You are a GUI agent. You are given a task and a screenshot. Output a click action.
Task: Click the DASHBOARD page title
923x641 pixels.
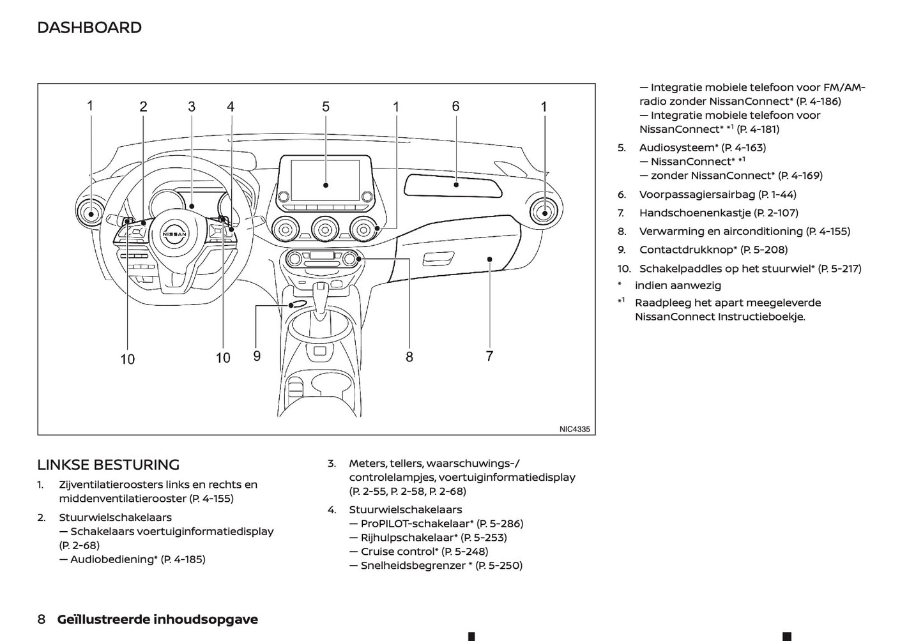coord(89,27)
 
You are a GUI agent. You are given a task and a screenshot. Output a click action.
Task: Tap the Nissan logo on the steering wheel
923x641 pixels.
coord(174,234)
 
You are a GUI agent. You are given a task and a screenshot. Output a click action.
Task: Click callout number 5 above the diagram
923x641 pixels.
coord(326,107)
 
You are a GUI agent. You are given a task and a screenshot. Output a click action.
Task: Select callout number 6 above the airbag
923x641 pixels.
coord(455,106)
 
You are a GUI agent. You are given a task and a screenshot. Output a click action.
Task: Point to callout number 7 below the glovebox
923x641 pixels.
coord(489,356)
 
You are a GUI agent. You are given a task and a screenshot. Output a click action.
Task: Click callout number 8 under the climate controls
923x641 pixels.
coord(409,357)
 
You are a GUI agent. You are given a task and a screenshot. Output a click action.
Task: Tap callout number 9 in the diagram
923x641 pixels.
coord(257,356)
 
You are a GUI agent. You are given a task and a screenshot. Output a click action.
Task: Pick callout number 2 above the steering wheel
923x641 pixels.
coord(143,107)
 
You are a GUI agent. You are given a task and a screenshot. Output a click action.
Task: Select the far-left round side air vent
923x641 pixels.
coord(90,213)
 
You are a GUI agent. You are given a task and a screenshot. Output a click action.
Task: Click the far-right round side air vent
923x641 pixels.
coord(544,212)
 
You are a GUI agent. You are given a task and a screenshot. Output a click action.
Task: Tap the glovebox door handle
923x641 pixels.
coord(438,259)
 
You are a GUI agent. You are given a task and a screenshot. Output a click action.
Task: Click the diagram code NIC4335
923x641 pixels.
coord(574,430)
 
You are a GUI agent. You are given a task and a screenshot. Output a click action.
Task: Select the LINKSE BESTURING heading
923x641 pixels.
coord(108,465)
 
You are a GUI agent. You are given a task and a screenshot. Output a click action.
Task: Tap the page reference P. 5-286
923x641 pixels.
coord(500,524)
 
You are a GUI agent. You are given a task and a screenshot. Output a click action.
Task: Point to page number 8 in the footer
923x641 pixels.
coord(42,619)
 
